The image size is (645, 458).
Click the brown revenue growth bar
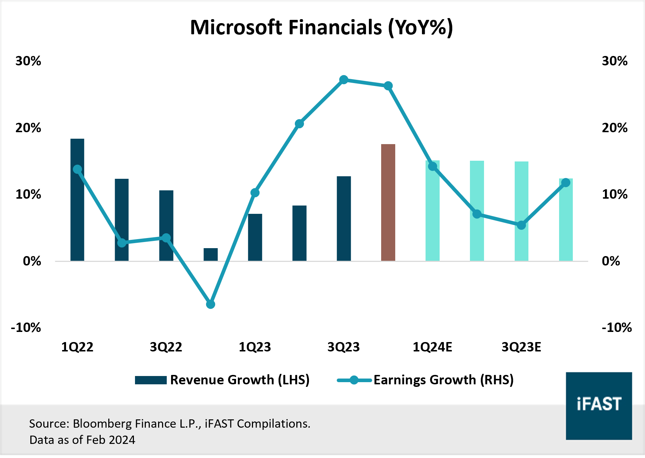[388, 202]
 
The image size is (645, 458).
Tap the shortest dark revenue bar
[210, 254]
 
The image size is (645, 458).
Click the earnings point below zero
[210, 304]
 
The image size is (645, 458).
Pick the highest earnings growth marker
[344, 80]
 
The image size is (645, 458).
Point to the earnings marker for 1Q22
[77, 169]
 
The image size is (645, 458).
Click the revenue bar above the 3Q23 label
[344, 219]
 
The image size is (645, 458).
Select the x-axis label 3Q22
[166, 347]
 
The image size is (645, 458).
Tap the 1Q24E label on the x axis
[432, 347]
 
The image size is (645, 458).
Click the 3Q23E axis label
[521, 347]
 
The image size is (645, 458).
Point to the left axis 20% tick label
[28, 128]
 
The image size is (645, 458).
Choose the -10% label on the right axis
[616, 328]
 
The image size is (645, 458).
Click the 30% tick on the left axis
[28, 61]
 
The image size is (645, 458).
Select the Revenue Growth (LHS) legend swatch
[151, 380]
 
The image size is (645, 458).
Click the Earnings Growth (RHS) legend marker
[354, 380]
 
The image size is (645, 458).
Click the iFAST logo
[599, 406]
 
